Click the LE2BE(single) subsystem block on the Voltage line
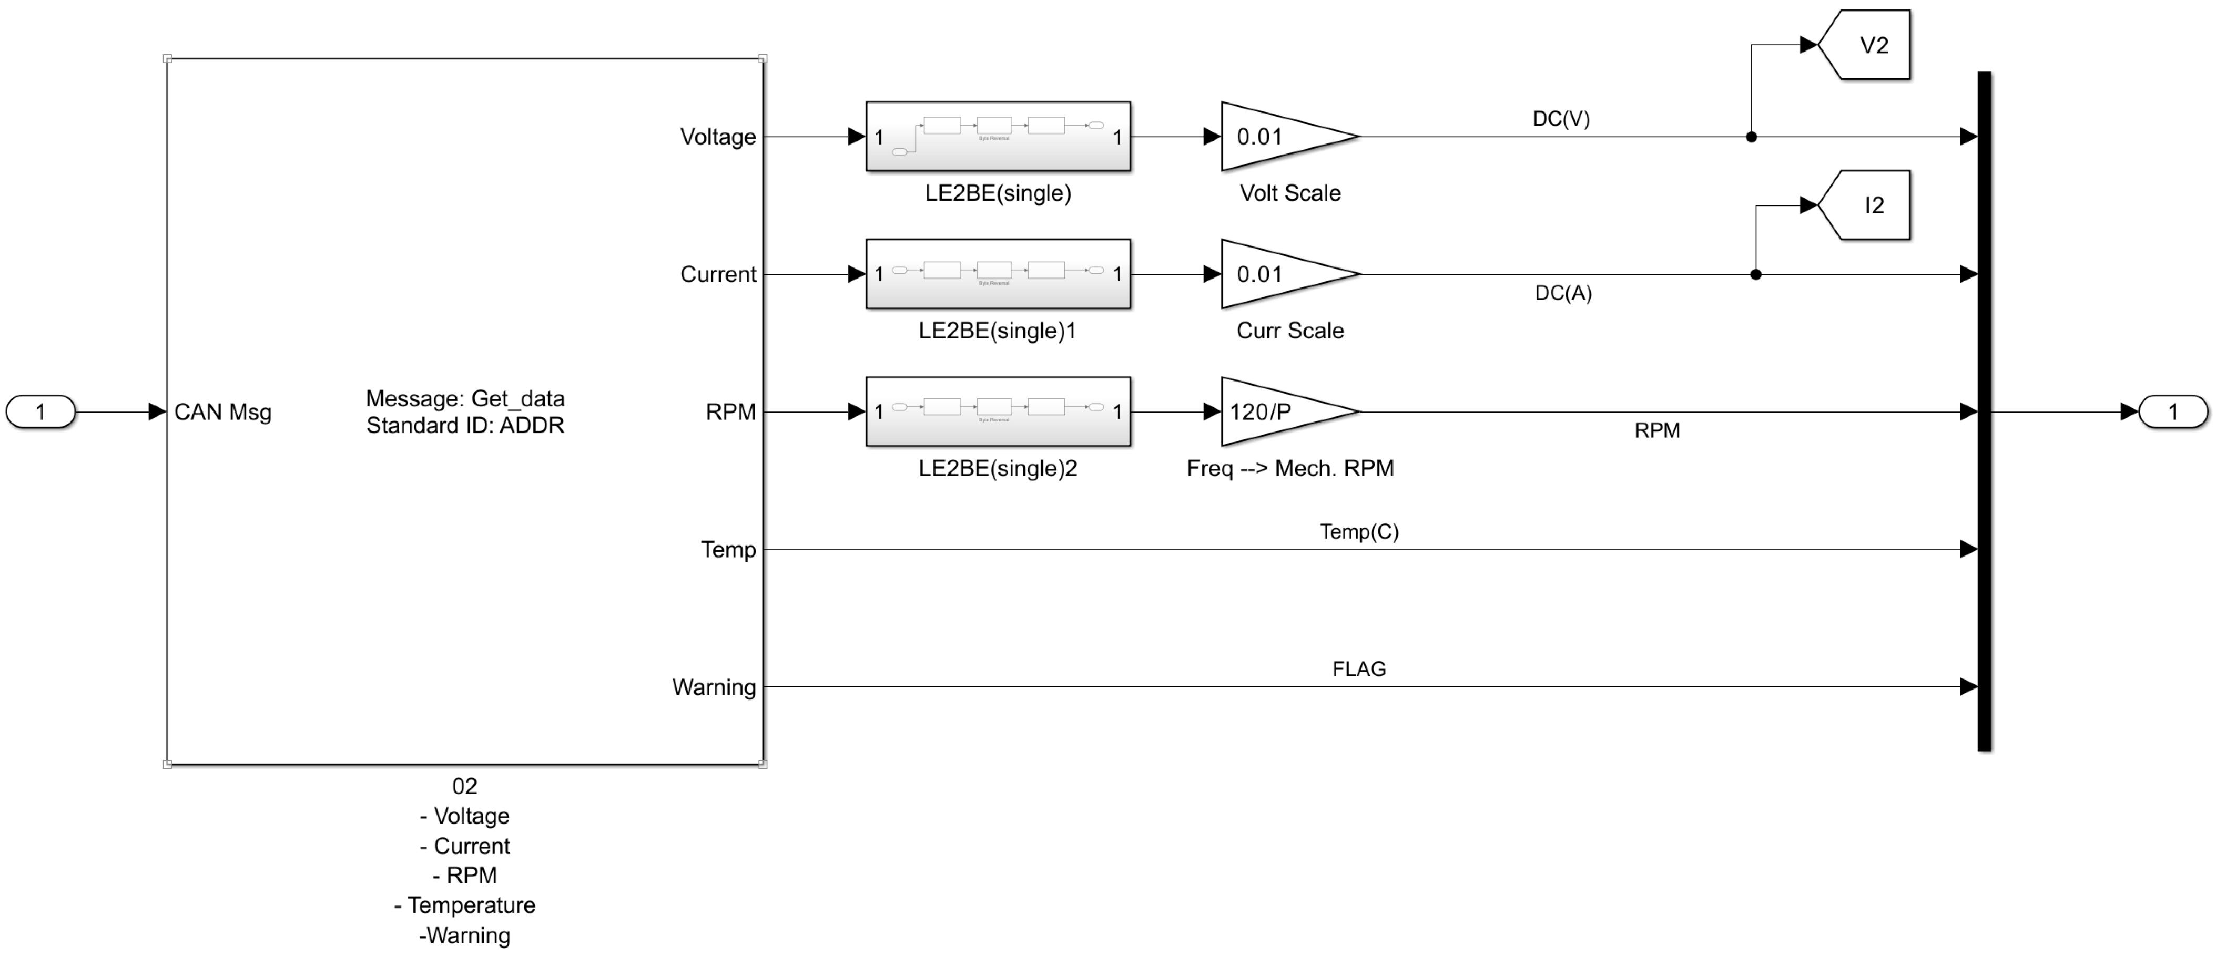(998, 137)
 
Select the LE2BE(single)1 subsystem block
(998, 274)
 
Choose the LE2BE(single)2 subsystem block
(998, 412)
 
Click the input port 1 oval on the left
(40, 412)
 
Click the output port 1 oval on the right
(2173, 412)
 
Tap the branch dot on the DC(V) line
(1752, 137)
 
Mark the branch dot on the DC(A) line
(1756, 274)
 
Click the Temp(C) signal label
(1359, 531)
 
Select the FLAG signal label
(1359, 669)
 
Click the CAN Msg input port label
(223, 412)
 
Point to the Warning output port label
(714, 687)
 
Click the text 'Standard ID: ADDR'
(465, 426)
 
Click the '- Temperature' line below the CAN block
(465, 905)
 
